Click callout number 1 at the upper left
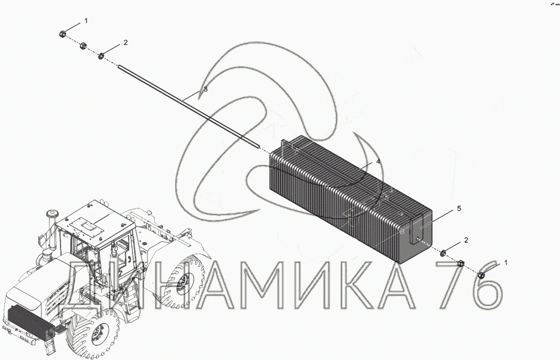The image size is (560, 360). coord(86,21)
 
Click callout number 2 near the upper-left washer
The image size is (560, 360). coord(125,43)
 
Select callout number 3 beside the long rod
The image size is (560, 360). coord(206,89)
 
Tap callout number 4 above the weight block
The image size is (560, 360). coord(378,162)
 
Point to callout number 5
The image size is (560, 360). coord(459,208)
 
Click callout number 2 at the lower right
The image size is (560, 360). coord(466,240)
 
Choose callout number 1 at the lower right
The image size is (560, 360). coord(505,262)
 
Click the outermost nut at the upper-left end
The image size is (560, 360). coord(62,34)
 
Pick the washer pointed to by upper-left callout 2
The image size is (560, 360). coord(101,56)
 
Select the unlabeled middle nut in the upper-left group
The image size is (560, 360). coord(83,46)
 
